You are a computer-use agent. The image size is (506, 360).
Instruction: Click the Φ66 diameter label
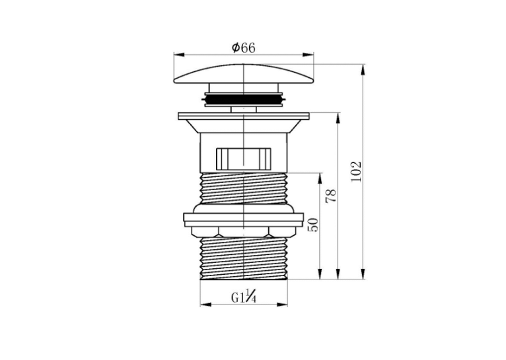point(243,48)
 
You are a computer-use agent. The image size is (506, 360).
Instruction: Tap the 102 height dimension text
point(356,172)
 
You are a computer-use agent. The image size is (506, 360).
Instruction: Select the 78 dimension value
point(331,196)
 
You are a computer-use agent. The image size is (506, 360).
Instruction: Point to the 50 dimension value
point(313,225)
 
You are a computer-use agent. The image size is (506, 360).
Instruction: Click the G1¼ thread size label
point(244,297)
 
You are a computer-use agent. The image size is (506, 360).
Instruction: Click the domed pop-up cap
point(244,74)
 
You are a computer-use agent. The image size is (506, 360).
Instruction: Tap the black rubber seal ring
point(244,99)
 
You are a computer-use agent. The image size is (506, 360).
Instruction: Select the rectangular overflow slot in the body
point(244,159)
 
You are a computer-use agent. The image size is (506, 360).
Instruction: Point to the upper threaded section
point(244,188)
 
